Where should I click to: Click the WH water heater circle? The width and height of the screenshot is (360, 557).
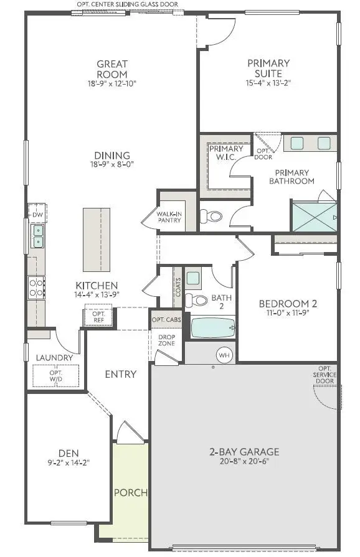[224, 355]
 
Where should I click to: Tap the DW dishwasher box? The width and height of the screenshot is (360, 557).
[37, 215]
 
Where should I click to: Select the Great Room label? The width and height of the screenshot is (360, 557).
[112, 68]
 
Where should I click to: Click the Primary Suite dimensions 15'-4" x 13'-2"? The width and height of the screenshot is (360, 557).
[268, 82]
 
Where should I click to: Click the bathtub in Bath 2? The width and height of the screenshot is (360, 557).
[213, 327]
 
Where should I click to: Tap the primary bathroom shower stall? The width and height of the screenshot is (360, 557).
[315, 216]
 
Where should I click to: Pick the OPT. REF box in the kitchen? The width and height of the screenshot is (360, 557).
[98, 317]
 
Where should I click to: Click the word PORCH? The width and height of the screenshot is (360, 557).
[131, 493]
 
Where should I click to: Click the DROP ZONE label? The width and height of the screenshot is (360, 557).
[166, 340]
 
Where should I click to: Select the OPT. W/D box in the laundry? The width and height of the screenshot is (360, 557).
[56, 375]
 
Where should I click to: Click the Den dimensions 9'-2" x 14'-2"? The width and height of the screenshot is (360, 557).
[57, 462]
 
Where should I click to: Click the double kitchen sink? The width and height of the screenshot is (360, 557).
[37, 236]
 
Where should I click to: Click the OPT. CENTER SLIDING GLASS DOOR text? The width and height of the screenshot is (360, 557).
[127, 4]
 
